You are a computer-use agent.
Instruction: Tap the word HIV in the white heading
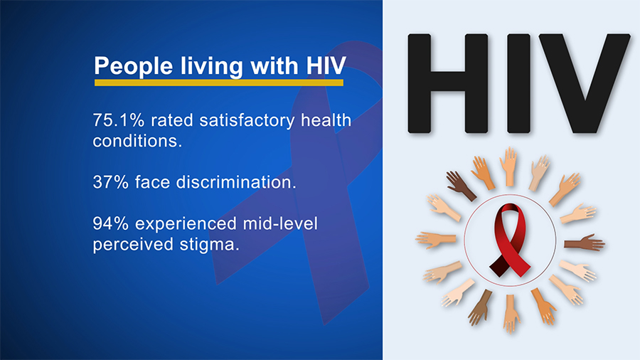tap(324, 66)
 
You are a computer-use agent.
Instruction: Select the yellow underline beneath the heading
tap(219, 83)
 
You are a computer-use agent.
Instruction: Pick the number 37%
tap(109, 182)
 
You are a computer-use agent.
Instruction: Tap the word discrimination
tap(235, 182)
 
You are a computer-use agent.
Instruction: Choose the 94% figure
tap(109, 224)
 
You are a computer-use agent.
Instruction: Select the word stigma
tap(209, 245)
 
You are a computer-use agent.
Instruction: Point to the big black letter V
tap(579, 84)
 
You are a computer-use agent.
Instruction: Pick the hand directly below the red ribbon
tap(509, 314)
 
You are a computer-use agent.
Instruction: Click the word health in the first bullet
tap(326, 120)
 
